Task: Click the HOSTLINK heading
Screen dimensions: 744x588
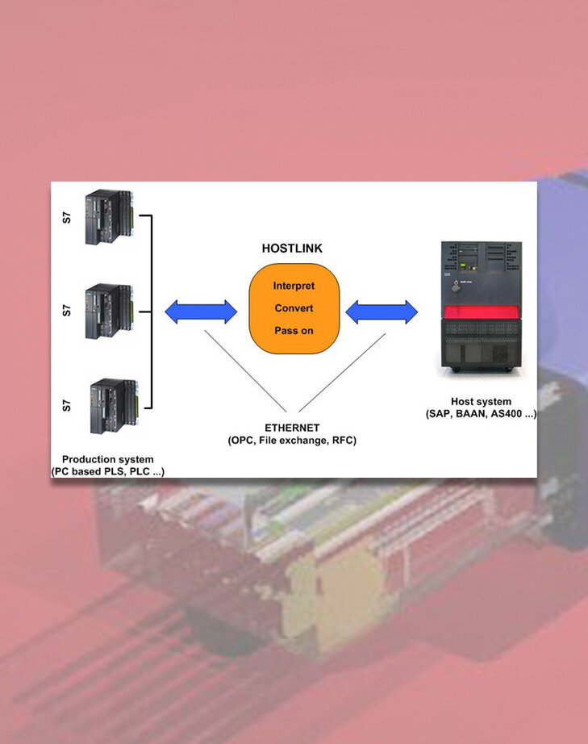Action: tap(293, 249)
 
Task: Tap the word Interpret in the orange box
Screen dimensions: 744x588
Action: tap(294, 286)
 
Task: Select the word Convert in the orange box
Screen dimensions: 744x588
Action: tap(294, 308)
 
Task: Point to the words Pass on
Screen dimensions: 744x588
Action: tap(294, 331)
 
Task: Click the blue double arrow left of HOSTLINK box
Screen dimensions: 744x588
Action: tap(201, 311)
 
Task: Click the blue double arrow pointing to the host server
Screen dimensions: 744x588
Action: tap(382, 311)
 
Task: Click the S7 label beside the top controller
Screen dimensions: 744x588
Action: tap(67, 218)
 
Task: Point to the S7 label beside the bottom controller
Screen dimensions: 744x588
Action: tap(67, 403)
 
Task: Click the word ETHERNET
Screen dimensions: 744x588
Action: tap(292, 428)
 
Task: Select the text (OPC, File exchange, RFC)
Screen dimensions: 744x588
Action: tap(292, 441)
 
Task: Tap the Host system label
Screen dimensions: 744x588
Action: tap(481, 402)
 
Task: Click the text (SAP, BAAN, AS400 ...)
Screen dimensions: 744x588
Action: tap(481, 414)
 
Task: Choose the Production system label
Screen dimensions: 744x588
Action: tap(107, 459)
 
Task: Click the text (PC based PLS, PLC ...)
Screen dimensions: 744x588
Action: tap(107, 471)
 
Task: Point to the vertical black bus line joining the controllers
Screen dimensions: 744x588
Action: tap(152, 311)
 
